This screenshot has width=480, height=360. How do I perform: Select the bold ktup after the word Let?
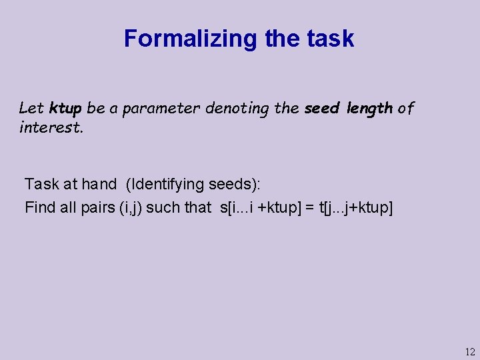(65, 108)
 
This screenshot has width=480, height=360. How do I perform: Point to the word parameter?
(166, 108)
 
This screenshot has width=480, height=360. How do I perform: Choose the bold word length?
(369, 108)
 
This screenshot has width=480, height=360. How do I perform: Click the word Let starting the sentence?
(31, 108)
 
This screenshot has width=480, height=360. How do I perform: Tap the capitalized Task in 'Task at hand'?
(42, 183)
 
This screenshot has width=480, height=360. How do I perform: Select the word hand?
(99, 183)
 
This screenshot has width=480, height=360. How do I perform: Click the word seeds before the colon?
(226, 183)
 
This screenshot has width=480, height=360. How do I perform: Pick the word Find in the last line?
(40, 207)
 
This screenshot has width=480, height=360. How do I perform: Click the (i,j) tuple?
(129, 207)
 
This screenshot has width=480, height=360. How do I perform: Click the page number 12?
(469, 351)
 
